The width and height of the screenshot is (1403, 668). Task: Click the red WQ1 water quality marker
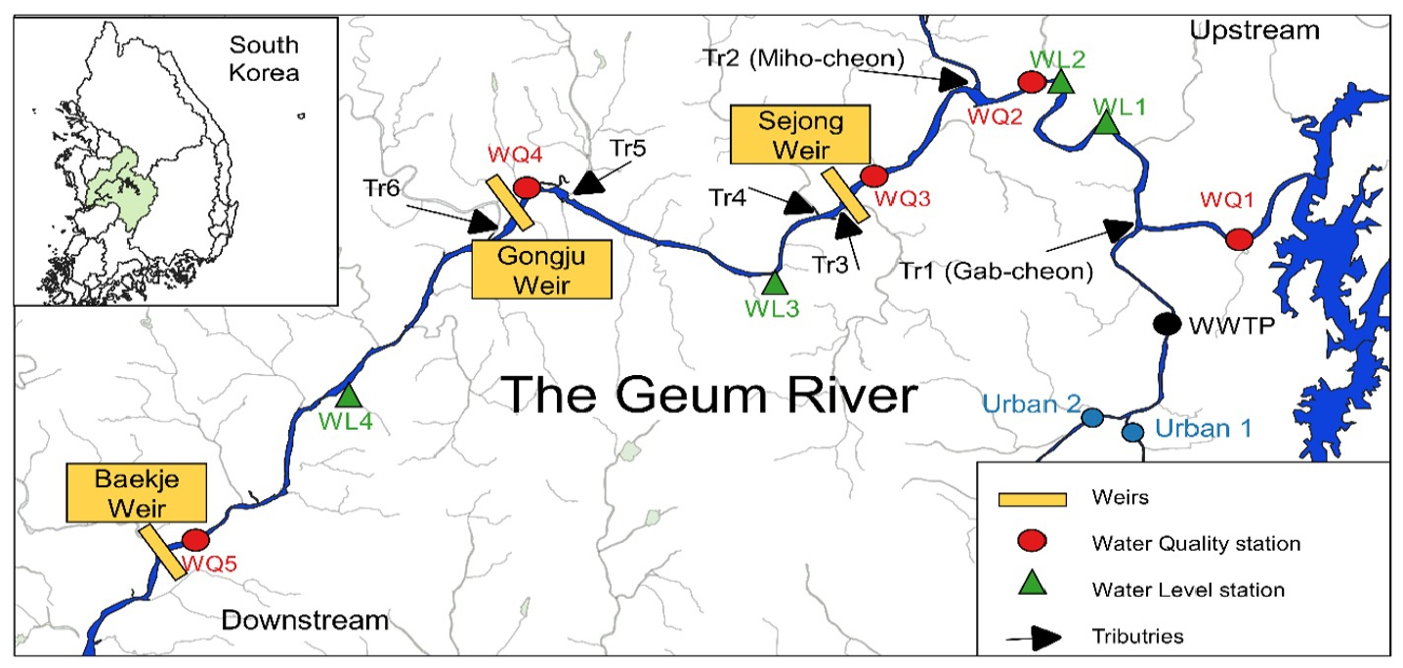(x=1239, y=238)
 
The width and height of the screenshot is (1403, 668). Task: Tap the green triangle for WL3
(x=774, y=283)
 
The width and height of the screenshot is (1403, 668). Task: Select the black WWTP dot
(x=1165, y=324)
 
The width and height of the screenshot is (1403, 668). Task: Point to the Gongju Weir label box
(x=541, y=269)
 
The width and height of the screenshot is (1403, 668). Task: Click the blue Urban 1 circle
(x=1132, y=431)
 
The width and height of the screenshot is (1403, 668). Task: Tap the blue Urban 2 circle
(x=1092, y=417)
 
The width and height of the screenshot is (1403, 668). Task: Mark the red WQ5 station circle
(x=195, y=539)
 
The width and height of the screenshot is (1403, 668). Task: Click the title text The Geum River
(x=710, y=396)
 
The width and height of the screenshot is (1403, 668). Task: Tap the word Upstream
(x=1254, y=31)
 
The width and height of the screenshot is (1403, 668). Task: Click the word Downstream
(x=305, y=620)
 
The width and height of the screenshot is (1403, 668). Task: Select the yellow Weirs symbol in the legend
(x=1031, y=499)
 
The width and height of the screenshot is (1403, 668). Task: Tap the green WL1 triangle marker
(x=1106, y=123)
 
